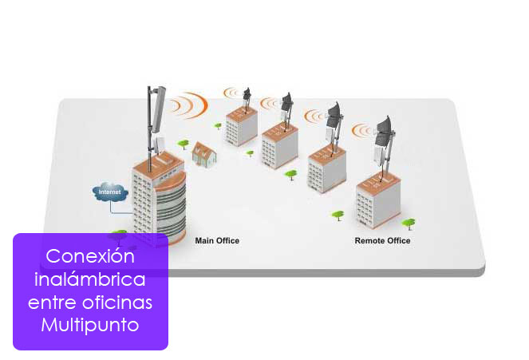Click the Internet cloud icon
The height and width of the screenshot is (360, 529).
pos(110,192)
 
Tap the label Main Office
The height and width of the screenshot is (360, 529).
pos(217,240)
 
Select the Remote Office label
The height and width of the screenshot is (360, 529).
pos(382,240)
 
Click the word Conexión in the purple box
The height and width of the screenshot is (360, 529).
pos(90,258)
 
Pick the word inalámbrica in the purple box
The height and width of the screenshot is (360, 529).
pos(90,280)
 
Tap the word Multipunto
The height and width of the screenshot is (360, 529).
pos(90,326)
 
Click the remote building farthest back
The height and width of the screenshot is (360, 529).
pos(241,125)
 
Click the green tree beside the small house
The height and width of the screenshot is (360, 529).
pos(184,144)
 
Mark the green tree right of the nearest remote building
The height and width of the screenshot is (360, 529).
pos(409,224)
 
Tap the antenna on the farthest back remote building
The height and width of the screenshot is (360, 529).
pos(247,95)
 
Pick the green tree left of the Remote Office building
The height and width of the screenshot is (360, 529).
pos(338,215)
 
